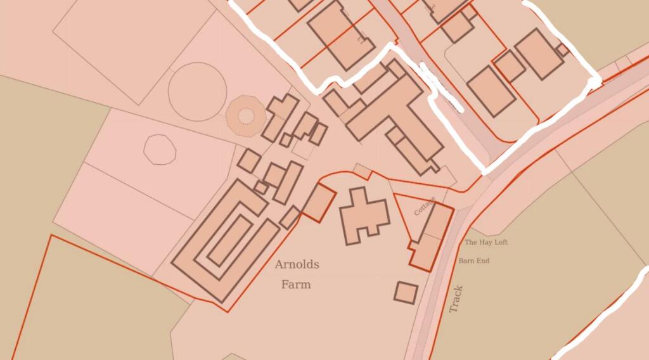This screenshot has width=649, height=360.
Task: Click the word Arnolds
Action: pyautogui.click(x=297, y=265)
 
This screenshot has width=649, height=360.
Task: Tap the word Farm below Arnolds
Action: pyautogui.click(x=296, y=285)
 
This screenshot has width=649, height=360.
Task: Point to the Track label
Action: pyautogui.click(x=456, y=299)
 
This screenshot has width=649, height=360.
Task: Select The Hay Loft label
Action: pyautogui.click(x=486, y=242)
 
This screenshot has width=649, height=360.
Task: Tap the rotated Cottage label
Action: pyautogui.click(x=424, y=206)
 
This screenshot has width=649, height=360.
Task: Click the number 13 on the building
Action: pyautogui.click(x=362, y=41)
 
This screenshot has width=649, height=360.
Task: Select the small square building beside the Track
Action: pyautogui.click(x=406, y=292)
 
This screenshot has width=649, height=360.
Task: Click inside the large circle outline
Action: pyautogui.click(x=196, y=91)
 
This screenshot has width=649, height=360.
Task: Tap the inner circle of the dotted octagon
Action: pyautogui.click(x=245, y=115)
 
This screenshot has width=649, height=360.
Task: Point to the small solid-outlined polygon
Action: pyautogui.click(x=160, y=150)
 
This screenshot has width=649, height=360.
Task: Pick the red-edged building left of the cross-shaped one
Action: pyautogui.click(x=319, y=202)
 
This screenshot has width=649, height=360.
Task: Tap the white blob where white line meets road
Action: pyautogui.click(x=594, y=82)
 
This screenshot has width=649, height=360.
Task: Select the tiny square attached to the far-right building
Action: pyautogui.click(x=562, y=49)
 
